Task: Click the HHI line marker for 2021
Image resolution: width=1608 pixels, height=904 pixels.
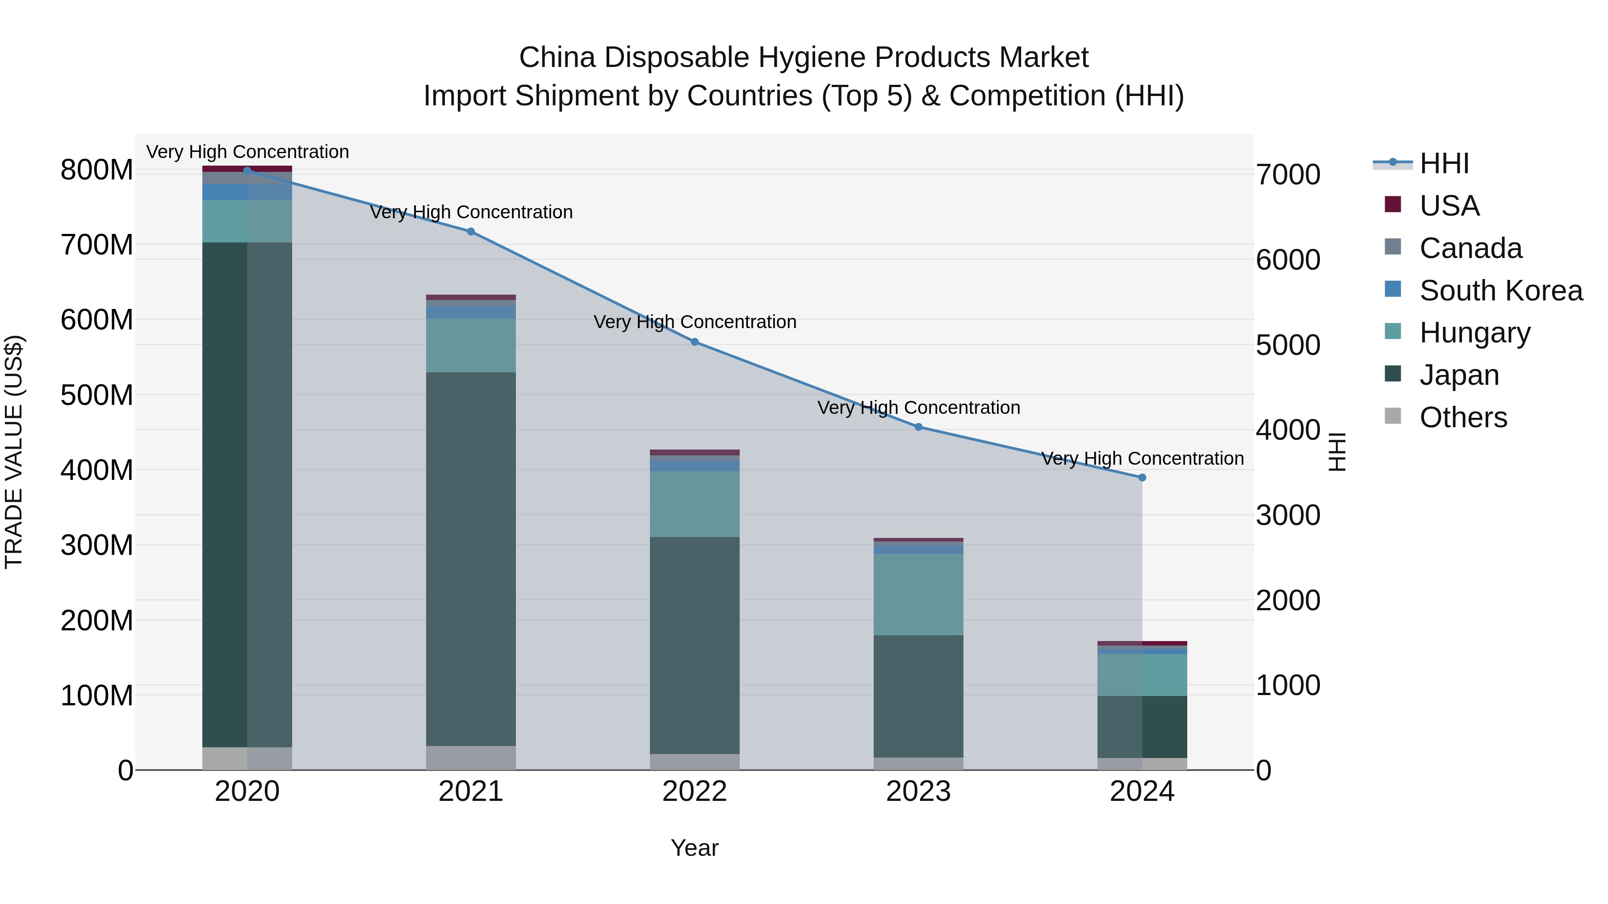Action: [471, 231]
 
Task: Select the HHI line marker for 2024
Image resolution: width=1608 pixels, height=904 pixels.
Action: [1142, 477]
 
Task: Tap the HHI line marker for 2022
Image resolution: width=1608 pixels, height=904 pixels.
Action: [695, 342]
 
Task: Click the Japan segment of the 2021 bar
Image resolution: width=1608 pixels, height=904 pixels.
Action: [471, 558]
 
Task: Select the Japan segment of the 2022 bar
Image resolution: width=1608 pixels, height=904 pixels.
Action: [695, 645]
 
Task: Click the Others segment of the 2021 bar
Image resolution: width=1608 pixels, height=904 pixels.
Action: [471, 758]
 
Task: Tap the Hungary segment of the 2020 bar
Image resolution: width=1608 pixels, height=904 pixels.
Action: [247, 221]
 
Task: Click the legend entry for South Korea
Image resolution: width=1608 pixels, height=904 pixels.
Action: [1501, 291]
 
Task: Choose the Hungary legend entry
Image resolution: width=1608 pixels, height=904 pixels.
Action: [1474, 333]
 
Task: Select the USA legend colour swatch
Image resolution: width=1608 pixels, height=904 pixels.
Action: [1393, 204]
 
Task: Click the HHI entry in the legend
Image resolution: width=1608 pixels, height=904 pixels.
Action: [1444, 163]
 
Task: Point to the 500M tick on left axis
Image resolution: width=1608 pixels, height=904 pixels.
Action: [97, 395]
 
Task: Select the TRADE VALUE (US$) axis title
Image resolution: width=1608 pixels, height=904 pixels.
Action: [14, 452]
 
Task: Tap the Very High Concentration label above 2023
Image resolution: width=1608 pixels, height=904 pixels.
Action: [918, 408]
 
